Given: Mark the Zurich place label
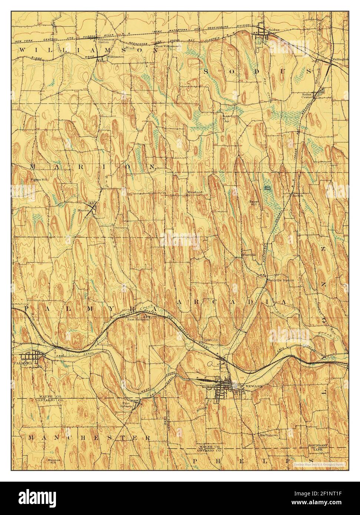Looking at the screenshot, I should coord(298,195).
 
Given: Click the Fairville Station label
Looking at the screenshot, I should coord(281,280).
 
